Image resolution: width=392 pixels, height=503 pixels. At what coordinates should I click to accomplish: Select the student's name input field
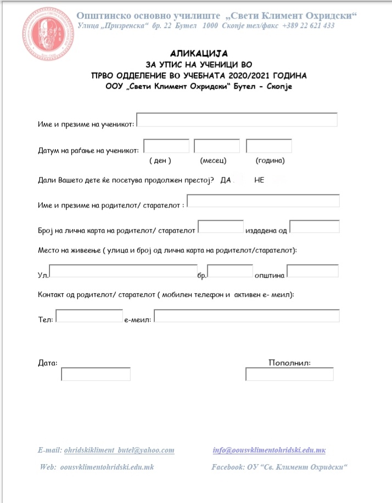[237, 120]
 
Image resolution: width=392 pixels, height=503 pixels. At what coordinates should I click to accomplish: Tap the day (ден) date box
[166, 146]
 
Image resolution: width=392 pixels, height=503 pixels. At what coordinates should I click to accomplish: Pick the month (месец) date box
[217, 146]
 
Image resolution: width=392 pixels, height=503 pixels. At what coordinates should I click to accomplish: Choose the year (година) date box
[268, 146]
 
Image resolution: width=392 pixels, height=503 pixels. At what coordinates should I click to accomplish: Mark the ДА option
[226, 180]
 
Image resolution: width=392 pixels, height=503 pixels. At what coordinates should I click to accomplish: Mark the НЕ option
[259, 180]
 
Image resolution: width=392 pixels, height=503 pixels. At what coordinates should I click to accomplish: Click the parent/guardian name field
[263, 201]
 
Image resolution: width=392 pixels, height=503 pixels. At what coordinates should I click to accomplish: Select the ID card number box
[220, 226]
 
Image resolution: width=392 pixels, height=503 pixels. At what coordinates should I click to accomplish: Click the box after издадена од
[314, 226]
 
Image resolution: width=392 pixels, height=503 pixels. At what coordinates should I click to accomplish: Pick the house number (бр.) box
[229, 271]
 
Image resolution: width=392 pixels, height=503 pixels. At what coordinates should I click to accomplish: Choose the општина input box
[312, 271]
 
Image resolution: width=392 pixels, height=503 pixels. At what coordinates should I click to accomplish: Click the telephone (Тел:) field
[89, 316]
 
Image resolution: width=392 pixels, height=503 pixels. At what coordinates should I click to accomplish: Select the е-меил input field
[247, 316]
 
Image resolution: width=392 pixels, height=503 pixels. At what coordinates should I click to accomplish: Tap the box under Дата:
[96, 374]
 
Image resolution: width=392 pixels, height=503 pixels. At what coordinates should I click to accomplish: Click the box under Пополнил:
[289, 374]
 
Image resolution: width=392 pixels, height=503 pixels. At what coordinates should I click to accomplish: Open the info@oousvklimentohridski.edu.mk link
[269, 450]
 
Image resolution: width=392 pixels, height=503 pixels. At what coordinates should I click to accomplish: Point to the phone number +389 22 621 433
[309, 26]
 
